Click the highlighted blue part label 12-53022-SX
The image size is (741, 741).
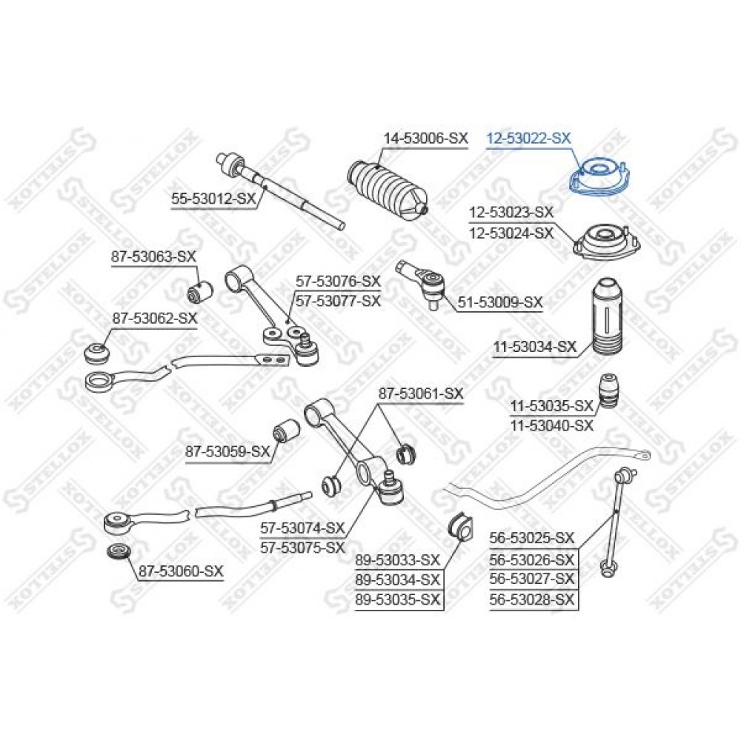529,138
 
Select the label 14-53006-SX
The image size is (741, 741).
425,138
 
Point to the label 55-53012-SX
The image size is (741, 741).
213,199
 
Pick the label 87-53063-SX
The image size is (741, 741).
153,257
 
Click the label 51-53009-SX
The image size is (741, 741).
500,302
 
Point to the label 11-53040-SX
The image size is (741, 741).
551,426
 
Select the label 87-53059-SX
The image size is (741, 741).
227,451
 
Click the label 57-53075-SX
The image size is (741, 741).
302,548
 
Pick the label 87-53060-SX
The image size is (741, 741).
181,571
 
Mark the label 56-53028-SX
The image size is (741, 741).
532,599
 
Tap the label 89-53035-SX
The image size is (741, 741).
398,599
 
